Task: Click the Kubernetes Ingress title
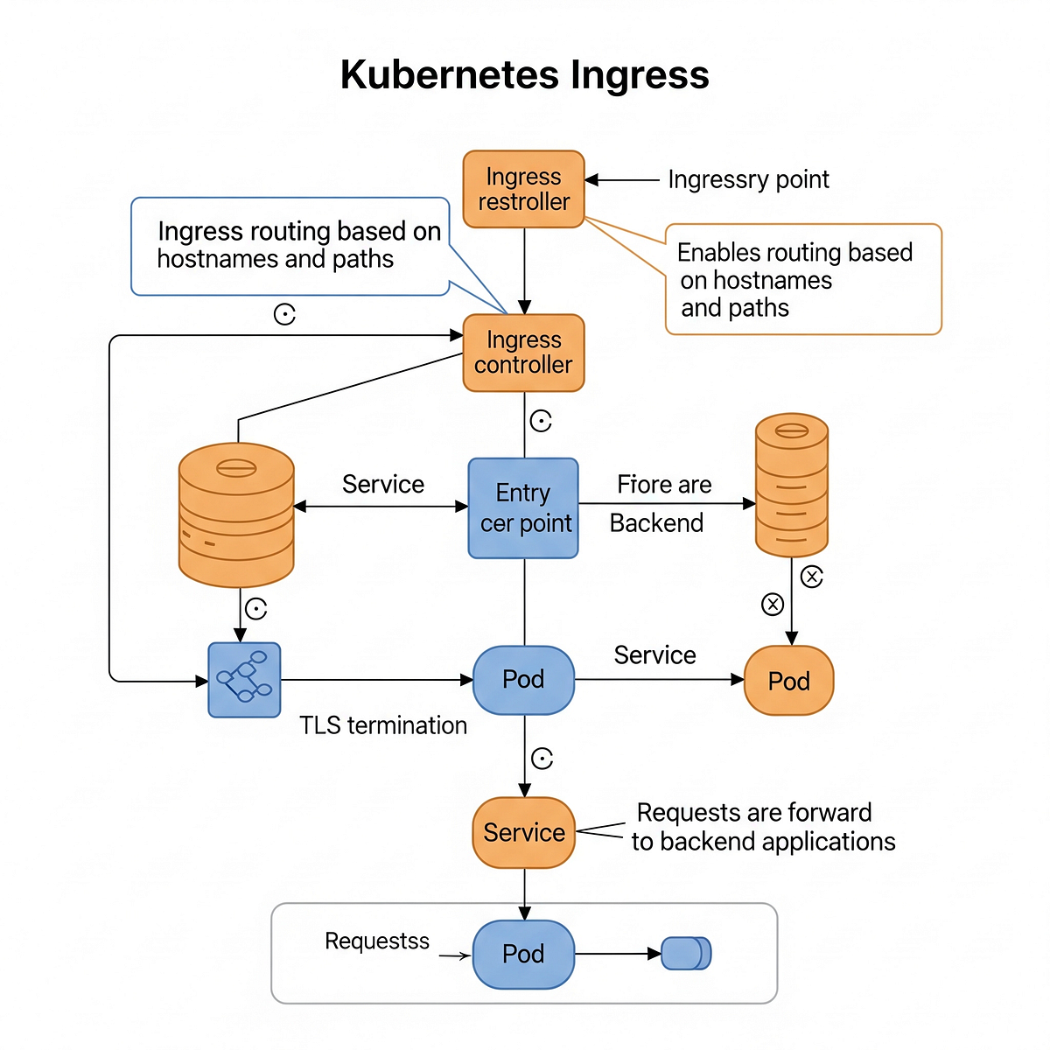pyautogui.click(x=524, y=74)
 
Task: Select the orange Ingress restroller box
pyautogui.click(x=523, y=189)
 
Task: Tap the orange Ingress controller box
pyautogui.click(x=523, y=353)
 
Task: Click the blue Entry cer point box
pyautogui.click(x=523, y=507)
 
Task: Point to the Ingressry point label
pyautogui.click(x=748, y=180)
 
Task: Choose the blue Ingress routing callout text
pyautogui.click(x=299, y=245)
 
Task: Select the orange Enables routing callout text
pyautogui.click(x=794, y=279)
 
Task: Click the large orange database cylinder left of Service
pyautogui.click(x=236, y=514)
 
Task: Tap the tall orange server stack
pyautogui.click(x=792, y=485)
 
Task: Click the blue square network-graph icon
pyautogui.click(x=244, y=680)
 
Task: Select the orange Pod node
pyautogui.click(x=788, y=680)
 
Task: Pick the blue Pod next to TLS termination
pyautogui.click(x=523, y=680)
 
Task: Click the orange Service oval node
pyautogui.click(x=523, y=833)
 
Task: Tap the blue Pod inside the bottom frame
pyautogui.click(x=523, y=954)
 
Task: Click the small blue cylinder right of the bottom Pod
pyautogui.click(x=686, y=953)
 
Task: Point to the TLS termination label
pyautogui.click(x=383, y=725)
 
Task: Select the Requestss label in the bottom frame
pyautogui.click(x=377, y=941)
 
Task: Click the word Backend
pyautogui.click(x=656, y=523)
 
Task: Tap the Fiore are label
pyautogui.click(x=664, y=484)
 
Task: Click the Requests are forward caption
pyautogui.click(x=763, y=827)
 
